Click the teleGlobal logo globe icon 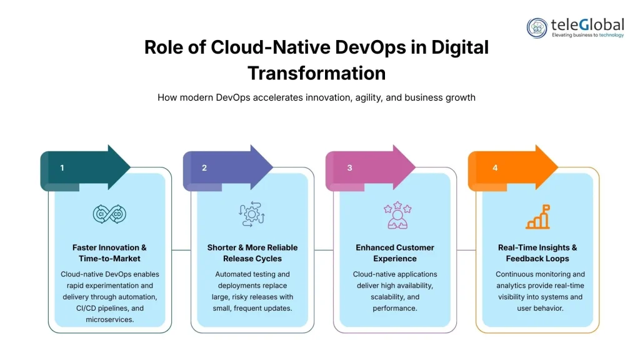[x=537, y=27]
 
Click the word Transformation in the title [x=316, y=73]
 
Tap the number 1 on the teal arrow [x=62, y=167]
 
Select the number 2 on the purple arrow [x=204, y=167]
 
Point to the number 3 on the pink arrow [x=349, y=167]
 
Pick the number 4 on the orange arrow [x=495, y=167]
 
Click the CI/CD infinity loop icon [x=110, y=214]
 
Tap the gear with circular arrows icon [x=252, y=214]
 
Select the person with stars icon [x=395, y=215]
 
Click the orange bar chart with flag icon [x=537, y=216]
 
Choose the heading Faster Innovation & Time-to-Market [x=110, y=252]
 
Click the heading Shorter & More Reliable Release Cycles [x=252, y=252]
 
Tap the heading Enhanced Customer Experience [x=395, y=252]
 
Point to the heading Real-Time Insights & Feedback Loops [x=537, y=252]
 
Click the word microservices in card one [x=110, y=319]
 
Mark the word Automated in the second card [x=233, y=274]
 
